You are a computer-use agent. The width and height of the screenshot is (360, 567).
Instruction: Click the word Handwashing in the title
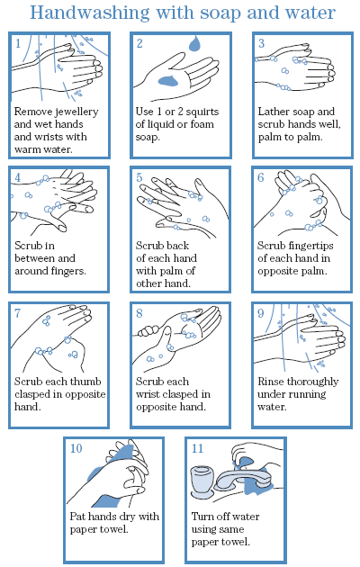(x=89, y=13)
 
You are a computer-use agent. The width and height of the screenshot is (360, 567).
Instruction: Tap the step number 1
(x=18, y=44)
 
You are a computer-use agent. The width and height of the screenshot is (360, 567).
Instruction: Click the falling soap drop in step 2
(x=194, y=43)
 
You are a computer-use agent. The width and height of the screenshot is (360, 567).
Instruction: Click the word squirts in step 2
(x=202, y=112)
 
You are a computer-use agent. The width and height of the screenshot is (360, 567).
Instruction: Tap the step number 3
(x=261, y=43)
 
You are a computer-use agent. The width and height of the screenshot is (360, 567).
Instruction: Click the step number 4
(x=18, y=177)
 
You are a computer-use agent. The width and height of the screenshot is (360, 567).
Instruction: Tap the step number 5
(x=139, y=177)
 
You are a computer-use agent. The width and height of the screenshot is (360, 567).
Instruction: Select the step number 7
(x=17, y=313)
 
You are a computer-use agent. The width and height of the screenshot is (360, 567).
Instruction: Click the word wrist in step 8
(x=148, y=394)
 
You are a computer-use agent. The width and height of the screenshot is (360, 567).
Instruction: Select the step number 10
(x=76, y=448)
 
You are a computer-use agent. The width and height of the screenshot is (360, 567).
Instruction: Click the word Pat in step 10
(x=77, y=517)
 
